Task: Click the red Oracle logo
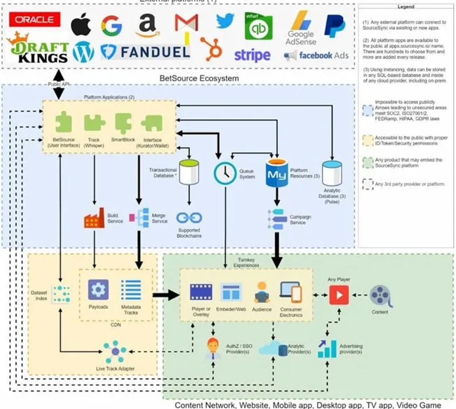point(35,19)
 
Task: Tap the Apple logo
point(81,24)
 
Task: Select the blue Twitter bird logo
point(225,21)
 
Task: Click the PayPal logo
point(334,25)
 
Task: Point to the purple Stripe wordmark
point(252,56)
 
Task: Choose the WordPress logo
point(83,52)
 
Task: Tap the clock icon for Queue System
point(225,173)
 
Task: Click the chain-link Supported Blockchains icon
point(189,218)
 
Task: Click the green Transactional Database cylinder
point(189,172)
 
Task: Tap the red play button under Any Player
point(339,295)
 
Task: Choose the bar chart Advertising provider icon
point(328,349)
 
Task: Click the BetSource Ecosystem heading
point(199,78)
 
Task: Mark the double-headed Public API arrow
point(59,84)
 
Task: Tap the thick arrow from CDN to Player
point(166,295)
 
